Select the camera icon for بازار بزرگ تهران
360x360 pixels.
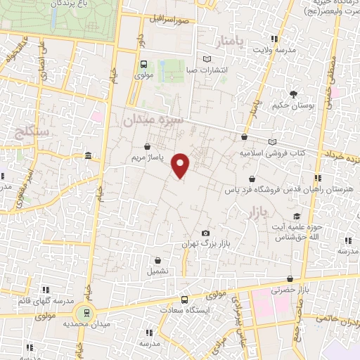[205, 233]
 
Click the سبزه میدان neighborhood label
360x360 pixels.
[153, 121]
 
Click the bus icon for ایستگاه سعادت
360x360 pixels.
[185, 298]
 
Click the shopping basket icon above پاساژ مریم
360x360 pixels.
[147, 146]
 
